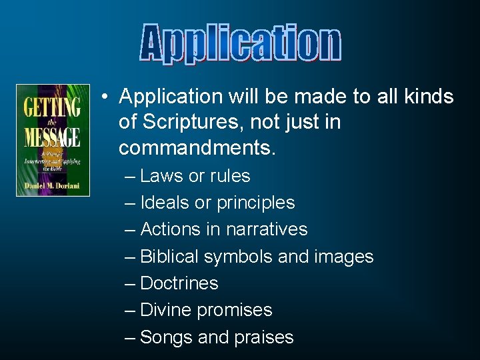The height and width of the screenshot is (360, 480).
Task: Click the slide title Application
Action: (241, 44)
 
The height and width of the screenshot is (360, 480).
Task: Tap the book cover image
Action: (53, 140)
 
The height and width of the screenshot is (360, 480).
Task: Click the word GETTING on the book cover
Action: (53, 107)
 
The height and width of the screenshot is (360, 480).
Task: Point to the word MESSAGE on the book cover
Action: (53, 135)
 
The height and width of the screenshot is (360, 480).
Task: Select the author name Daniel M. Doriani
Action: (53, 185)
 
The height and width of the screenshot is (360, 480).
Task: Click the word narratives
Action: (267, 229)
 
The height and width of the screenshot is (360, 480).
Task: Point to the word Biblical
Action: (170, 257)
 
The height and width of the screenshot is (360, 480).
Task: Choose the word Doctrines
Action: (179, 283)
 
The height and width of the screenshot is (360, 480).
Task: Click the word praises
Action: (264, 337)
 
